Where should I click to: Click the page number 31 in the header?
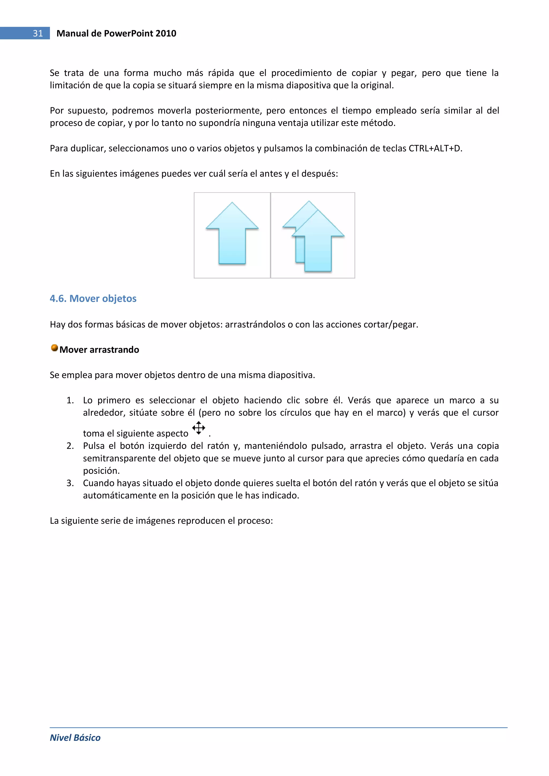tap(38, 33)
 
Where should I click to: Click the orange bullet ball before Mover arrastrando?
tap(54, 348)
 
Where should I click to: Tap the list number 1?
tap(70, 400)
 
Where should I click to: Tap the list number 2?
tap(70, 446)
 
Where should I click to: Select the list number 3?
tap(70, 483)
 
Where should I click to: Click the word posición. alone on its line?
tap(101, 470)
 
